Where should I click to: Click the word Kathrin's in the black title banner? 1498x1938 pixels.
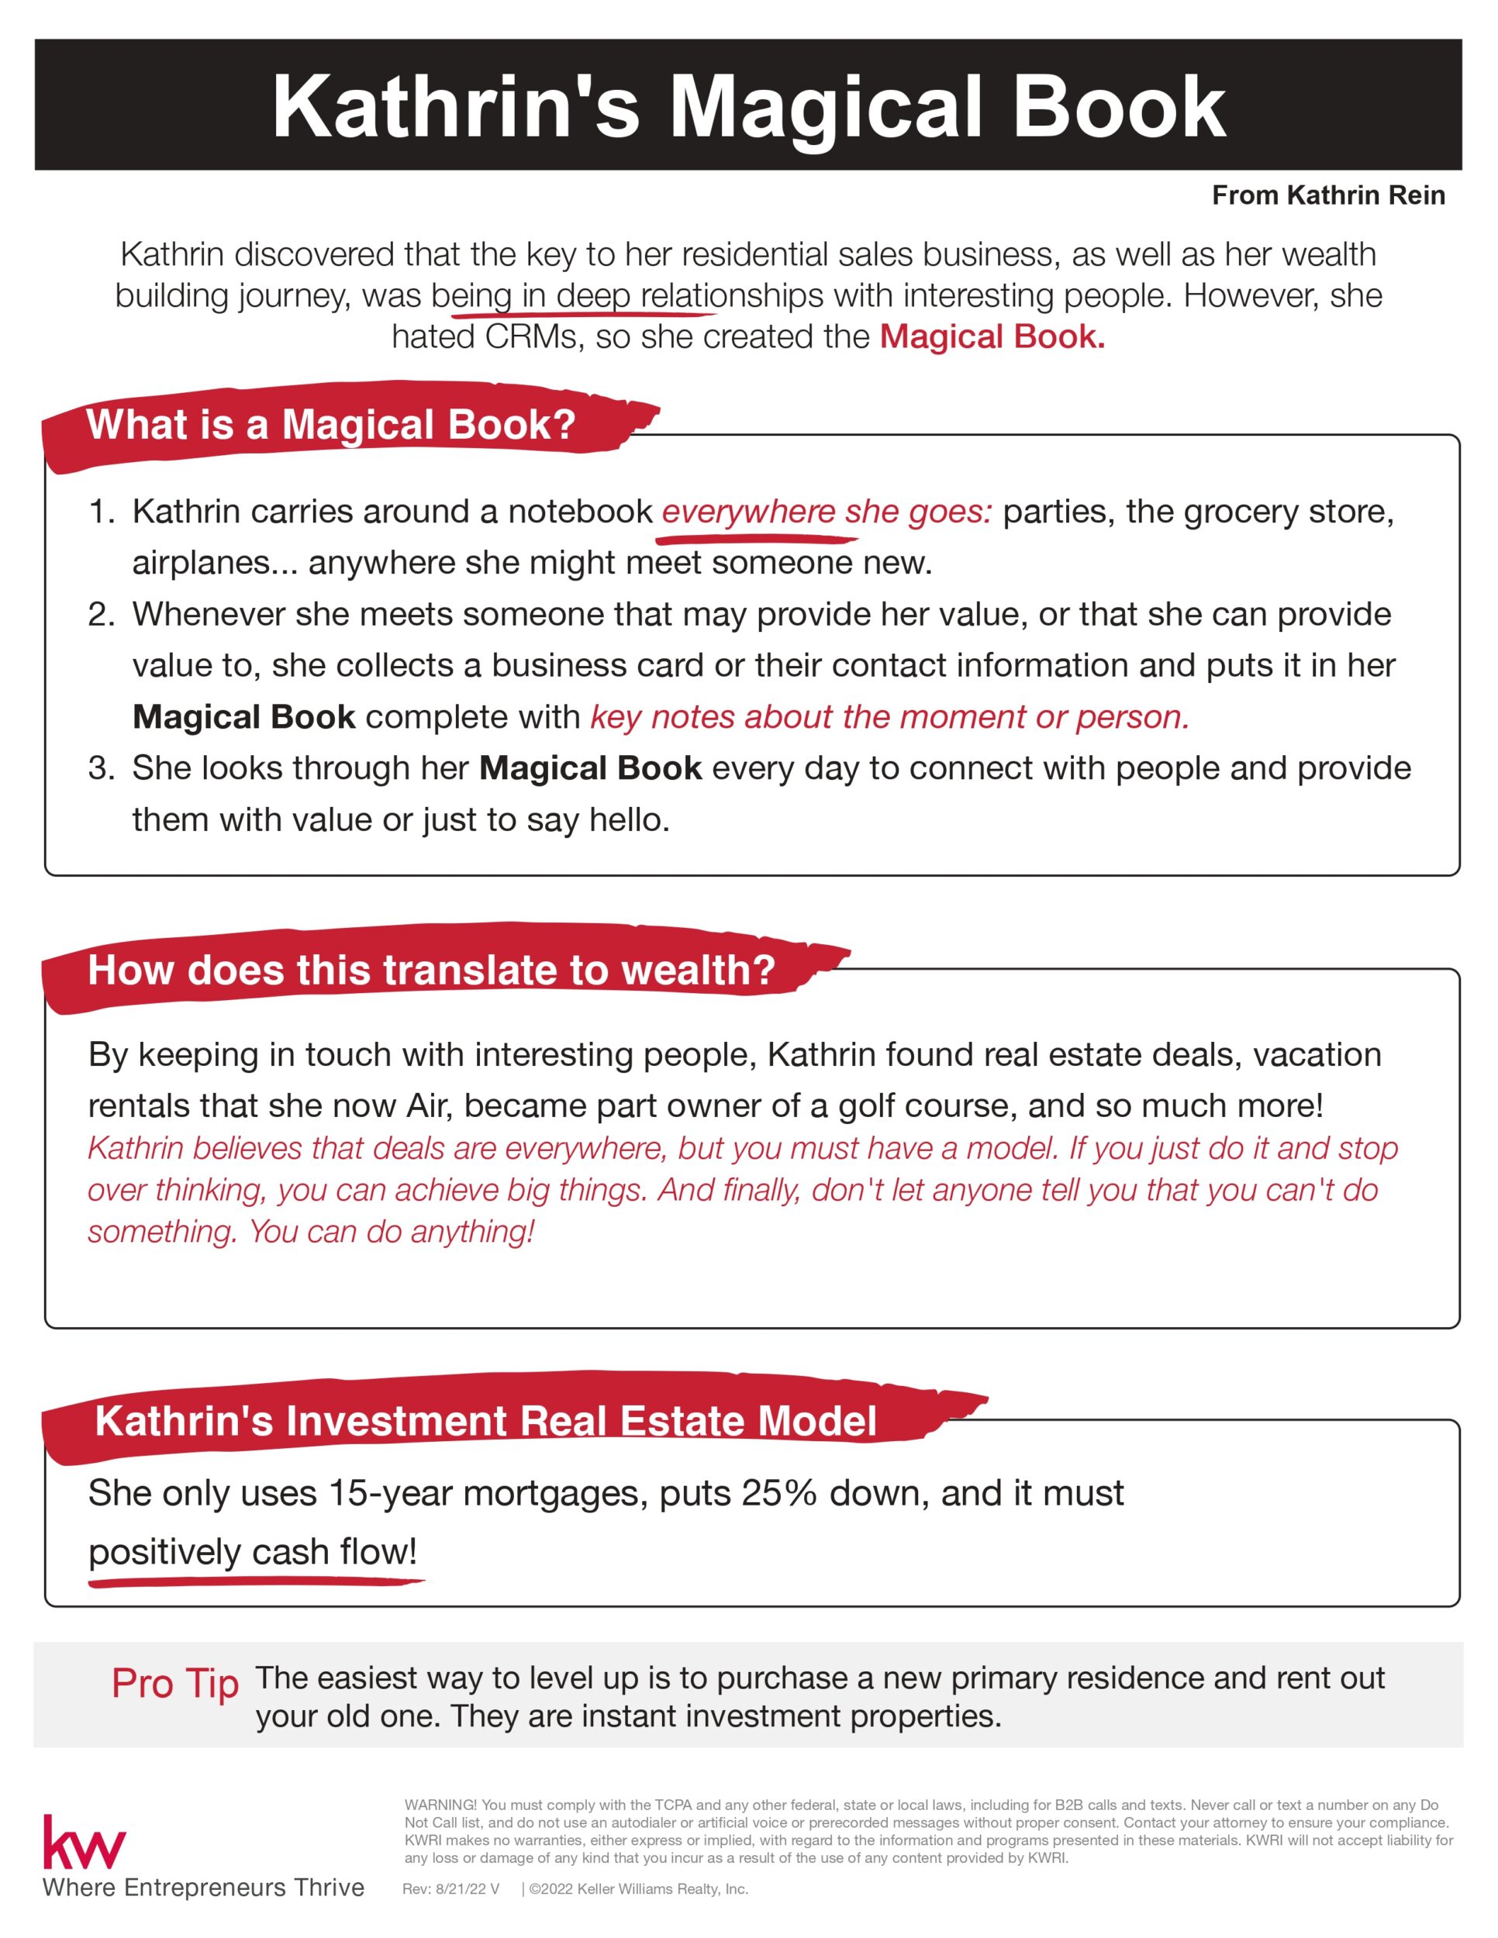[455, 108]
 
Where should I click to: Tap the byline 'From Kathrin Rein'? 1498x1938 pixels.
[1327, 195]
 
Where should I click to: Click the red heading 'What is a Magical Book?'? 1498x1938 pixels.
[330, 425]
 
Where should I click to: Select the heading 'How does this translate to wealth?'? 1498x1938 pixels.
[431, 970]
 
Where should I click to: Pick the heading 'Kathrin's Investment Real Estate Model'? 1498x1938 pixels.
[485, 1421]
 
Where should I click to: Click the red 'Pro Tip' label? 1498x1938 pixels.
[174, 1683]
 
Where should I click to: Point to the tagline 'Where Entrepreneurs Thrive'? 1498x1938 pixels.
[203, 1888]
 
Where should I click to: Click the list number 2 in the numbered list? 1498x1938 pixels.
[100, 614]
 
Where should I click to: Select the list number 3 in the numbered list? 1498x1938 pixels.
[100, 767]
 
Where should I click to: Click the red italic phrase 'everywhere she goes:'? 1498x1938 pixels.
[827, 511]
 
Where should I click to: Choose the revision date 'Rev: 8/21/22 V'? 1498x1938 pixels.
[450, 1889]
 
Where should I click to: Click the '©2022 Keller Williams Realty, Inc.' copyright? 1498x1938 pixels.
[638, 1889]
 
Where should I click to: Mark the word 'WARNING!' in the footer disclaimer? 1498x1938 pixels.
[440, 1805]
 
